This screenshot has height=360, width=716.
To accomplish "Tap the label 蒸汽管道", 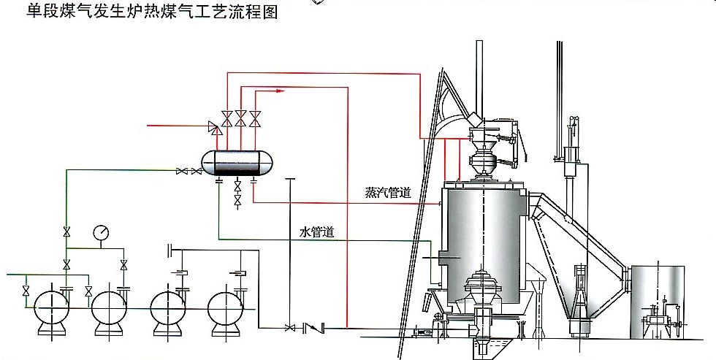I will click(x=388, y=194).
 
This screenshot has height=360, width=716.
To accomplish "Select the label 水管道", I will click(x=317, y=233).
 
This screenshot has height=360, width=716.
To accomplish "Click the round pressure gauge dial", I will click(x=102, y=232).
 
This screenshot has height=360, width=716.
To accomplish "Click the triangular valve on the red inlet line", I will click(x=214, y=128).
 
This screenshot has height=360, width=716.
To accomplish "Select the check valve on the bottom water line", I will click(x=313, y=328).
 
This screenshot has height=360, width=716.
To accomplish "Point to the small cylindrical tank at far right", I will click(x=658, y=299).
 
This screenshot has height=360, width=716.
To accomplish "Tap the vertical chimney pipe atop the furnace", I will click(x=479, y=73).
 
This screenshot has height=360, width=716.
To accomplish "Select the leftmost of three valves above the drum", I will click(x=227, y=118).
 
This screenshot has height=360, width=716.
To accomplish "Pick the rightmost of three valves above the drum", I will click(x=255, y=118).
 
